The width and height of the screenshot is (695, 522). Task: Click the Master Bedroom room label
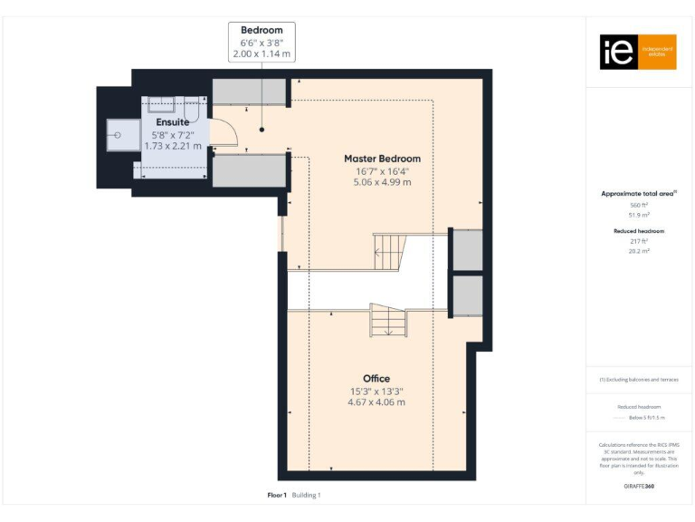(382, 159)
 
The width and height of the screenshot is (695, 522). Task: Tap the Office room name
(376, 378)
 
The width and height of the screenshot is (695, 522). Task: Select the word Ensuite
(172, 122)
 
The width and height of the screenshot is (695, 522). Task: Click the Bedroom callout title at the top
(262, 31)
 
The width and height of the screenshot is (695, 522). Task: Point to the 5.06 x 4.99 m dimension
(382, 182)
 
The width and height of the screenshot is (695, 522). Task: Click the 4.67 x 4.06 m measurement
(376, 402)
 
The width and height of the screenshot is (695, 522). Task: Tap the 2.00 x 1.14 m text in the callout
(262, 54)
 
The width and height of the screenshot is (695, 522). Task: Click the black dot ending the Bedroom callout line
(262, 128)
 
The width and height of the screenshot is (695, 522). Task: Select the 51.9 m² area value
(640, 215)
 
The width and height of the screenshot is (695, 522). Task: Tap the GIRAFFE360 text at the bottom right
(639, 487)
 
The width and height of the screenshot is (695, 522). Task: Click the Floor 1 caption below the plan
(277, 495)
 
